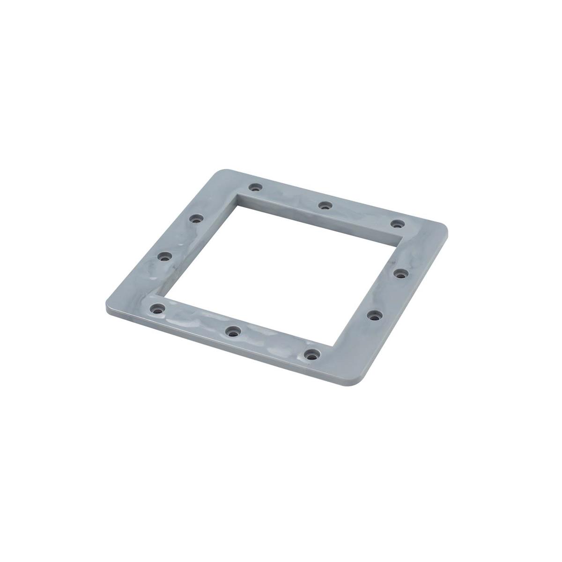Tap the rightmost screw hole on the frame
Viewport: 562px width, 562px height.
[399, 273]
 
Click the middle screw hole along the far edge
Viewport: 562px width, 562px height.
[325, 205]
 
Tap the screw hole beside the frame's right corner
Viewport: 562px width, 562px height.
[398, 223]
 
